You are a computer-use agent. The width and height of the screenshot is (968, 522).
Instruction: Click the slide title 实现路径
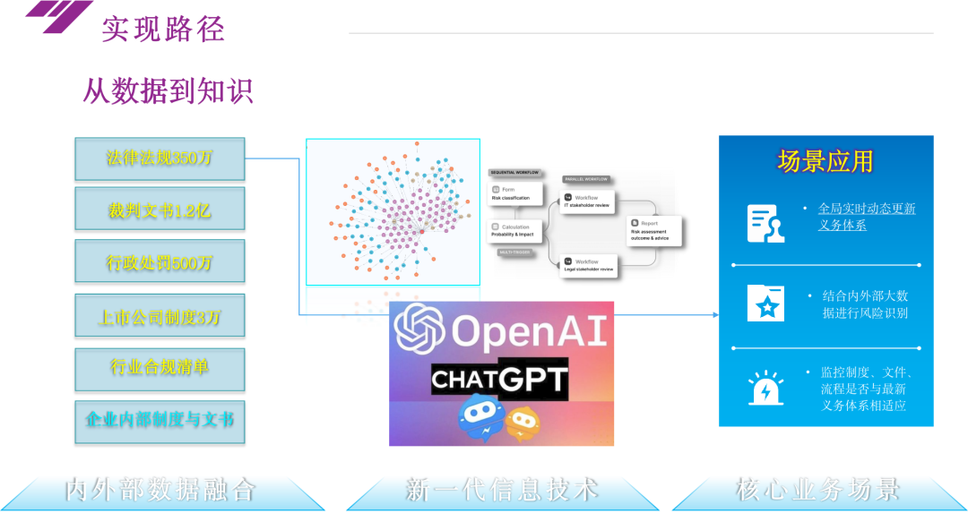pos(162,29)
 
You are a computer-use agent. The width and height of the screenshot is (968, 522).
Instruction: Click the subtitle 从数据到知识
pos(168,90)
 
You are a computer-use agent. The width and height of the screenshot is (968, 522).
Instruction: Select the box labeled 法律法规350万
pos(160,158)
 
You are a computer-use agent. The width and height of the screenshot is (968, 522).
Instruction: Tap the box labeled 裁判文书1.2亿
pos(160,210)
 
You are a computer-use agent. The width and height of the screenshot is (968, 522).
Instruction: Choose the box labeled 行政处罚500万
pos(160,262)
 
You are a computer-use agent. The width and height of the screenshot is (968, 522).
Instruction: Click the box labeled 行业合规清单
pos(160,367)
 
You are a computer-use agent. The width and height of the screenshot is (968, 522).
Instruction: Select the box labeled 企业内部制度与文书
pos(160,419)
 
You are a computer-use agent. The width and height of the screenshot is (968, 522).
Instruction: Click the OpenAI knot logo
pos(419,329)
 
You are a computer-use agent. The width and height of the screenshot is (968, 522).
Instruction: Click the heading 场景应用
pos(825,162)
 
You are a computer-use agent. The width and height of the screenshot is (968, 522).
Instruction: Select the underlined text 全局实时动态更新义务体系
pos(866,217)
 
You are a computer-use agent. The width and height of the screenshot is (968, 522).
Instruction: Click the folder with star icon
pos(765,304)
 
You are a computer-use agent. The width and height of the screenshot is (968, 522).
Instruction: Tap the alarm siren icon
pos(765,389)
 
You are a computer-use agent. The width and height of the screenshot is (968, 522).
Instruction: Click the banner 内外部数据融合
pos(160,490)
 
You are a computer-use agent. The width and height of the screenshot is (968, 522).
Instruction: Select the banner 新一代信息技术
pos(501,490)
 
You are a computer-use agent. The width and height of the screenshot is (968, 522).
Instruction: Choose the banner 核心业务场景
pos(817,490)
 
